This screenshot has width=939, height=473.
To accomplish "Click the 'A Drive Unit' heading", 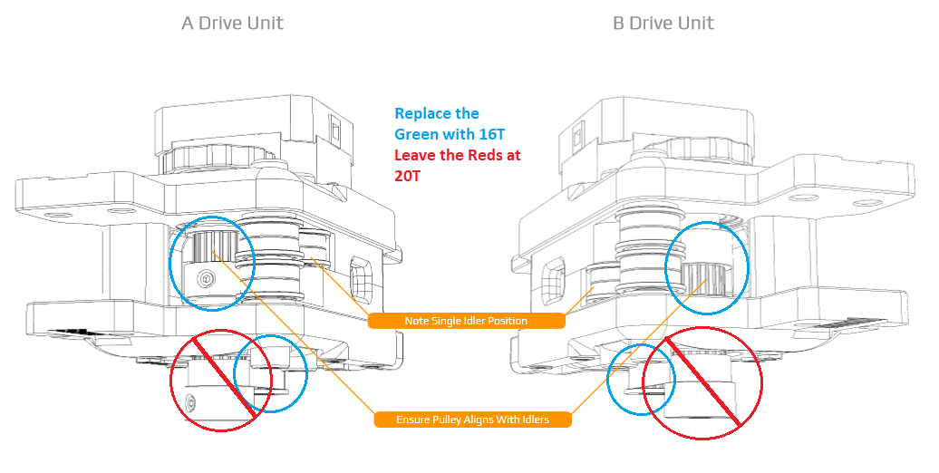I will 232,23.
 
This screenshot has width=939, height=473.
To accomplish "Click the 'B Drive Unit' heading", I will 663,23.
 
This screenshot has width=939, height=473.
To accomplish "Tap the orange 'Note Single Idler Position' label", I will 466,321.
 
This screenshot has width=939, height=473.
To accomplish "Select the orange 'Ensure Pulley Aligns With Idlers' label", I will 472,420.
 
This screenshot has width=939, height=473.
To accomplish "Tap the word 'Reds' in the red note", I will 471,155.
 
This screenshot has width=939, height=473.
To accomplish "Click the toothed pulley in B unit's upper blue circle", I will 702,275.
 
